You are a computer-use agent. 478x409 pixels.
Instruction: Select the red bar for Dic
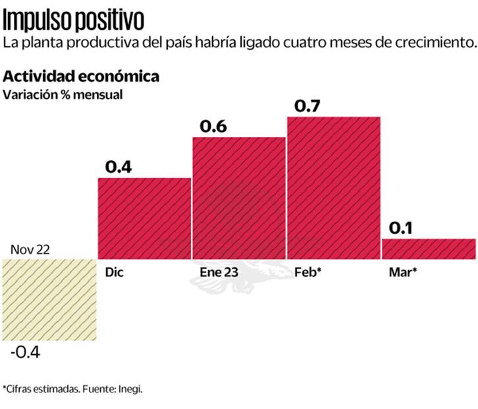click(144, 218)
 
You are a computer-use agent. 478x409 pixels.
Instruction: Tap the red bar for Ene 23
click(238, 198)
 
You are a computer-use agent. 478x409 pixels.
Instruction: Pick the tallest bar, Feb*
click(333, 187)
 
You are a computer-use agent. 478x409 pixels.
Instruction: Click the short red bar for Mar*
click(428, 249)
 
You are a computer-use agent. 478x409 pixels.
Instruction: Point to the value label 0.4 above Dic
click(118, 167)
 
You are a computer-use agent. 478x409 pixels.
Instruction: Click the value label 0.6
click(213, 126)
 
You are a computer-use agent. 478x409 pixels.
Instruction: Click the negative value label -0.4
click(25, 352)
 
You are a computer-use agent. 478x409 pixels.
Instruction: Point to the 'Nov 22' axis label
click(30, 249)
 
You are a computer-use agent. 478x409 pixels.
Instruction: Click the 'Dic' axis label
click(113, 271)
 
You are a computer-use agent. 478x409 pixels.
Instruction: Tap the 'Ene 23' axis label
click(218, 271)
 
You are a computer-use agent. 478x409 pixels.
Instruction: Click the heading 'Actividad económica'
click(80, 76)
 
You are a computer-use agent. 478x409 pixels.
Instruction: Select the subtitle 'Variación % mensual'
click(63, 94)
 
